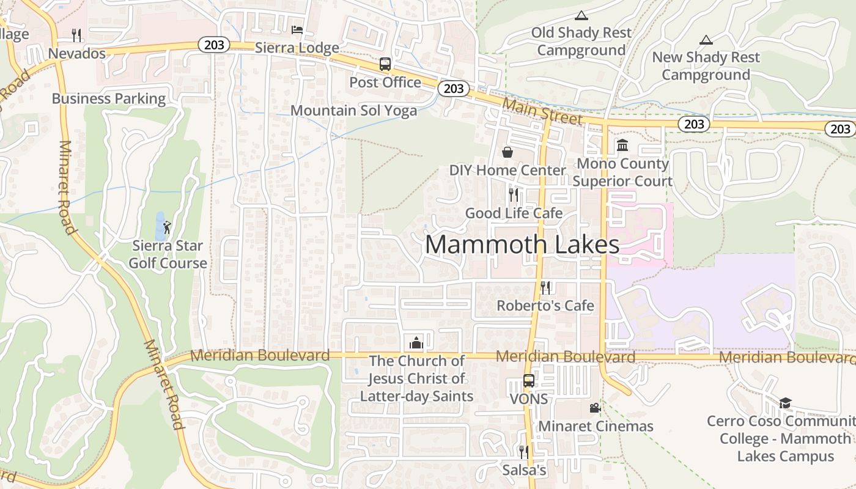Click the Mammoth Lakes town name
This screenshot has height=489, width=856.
tap(522, 244)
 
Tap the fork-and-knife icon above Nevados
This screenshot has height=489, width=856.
tap(76, 35)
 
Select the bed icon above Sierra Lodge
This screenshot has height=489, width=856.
tap(297, 29)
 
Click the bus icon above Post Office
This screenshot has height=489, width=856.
tap(385, 64)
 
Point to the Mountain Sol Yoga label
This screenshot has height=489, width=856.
tap(353, 111)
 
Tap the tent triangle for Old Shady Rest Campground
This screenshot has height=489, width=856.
tap(581, 15)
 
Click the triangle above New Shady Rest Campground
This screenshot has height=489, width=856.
tap(706, 40)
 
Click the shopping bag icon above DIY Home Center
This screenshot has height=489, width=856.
tap(507, 152)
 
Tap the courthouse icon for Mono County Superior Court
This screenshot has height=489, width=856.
tap(622, 145)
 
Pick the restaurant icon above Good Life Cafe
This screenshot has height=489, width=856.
tap(514, 195)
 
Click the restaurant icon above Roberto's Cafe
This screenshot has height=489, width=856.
tap(545, 287)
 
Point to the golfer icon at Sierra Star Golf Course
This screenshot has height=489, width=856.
tap(167, 227)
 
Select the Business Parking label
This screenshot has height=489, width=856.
tap(109, 99)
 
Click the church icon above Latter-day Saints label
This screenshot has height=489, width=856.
tap(416, 342)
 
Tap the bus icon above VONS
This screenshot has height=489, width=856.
tap(529, 381)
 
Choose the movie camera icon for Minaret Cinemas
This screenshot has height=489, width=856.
tap(594, 408)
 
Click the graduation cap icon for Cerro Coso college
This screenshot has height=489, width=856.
tap(785, 403)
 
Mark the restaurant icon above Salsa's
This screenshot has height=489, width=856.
tap(523, 452)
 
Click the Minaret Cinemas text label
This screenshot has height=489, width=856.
tap(596, 426)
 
